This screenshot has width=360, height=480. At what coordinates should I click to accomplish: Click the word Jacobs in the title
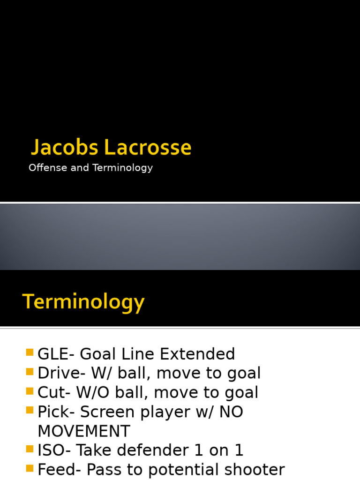(65, 148)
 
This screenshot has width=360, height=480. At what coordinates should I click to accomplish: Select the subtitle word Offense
(48, 168)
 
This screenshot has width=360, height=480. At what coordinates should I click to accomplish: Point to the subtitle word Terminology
(122, 168)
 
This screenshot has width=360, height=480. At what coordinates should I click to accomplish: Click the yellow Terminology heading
(83, 302)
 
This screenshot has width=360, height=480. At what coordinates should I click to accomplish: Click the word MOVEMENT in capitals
(84, 431)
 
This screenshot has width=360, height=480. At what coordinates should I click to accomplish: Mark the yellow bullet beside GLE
(30, 352)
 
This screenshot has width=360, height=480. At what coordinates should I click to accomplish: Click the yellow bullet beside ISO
(30, 449)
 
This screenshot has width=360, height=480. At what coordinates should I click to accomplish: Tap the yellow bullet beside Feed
(30, 468)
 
